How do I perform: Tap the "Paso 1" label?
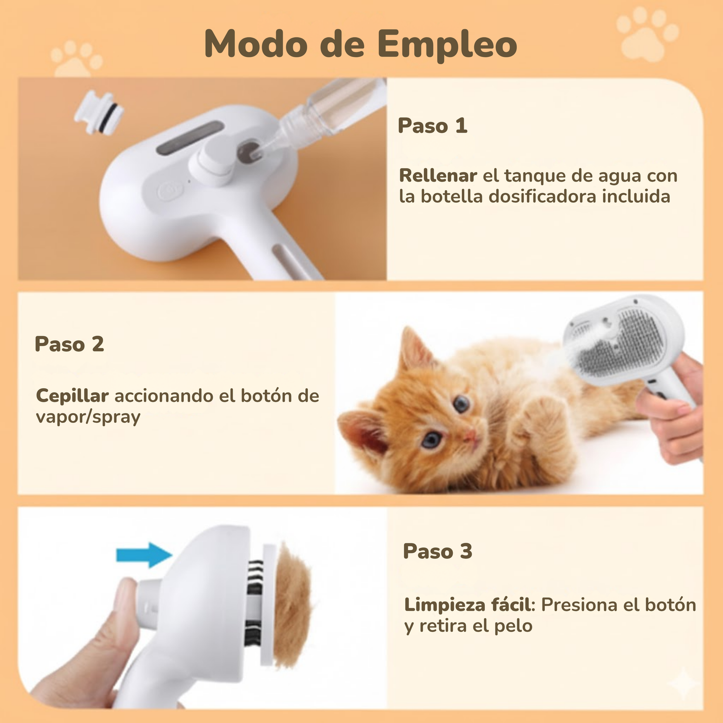(x=433, y=125)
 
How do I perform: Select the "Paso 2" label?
(x=70, y=344)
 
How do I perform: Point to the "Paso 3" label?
(x=437, y=551)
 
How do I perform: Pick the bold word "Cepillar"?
(x=73, y=395)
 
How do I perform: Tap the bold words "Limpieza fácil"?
(x=467, y=605)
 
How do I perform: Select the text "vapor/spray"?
(x=88, y=417)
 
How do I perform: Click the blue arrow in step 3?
(x=144, y=554)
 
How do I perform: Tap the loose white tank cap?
(x=99, y=111)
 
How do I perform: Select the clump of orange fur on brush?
(x=293, y=608)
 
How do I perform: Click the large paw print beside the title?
(x=647, y=35)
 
